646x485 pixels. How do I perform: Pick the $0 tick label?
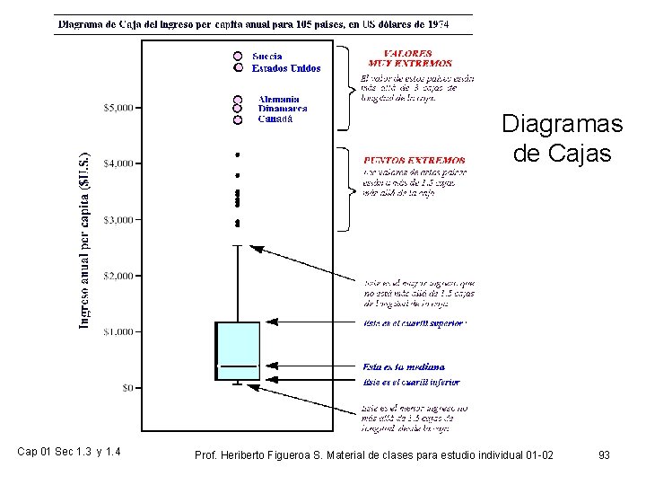click(x=127, y=388)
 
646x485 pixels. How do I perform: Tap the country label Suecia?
click(x=267, y=56)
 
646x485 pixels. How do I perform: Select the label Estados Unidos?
click(x=286, y=67)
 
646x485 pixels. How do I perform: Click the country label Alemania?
click(x=278, y=99)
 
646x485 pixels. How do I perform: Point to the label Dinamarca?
click(x=282, y=109)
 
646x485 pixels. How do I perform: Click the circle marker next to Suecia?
click(x=238, y=56)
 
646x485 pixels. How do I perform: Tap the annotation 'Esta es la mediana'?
click(x=404, y=366)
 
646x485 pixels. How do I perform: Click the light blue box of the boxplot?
click(x=238, y=346)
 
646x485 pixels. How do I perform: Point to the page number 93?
click(x=604, y=455)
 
